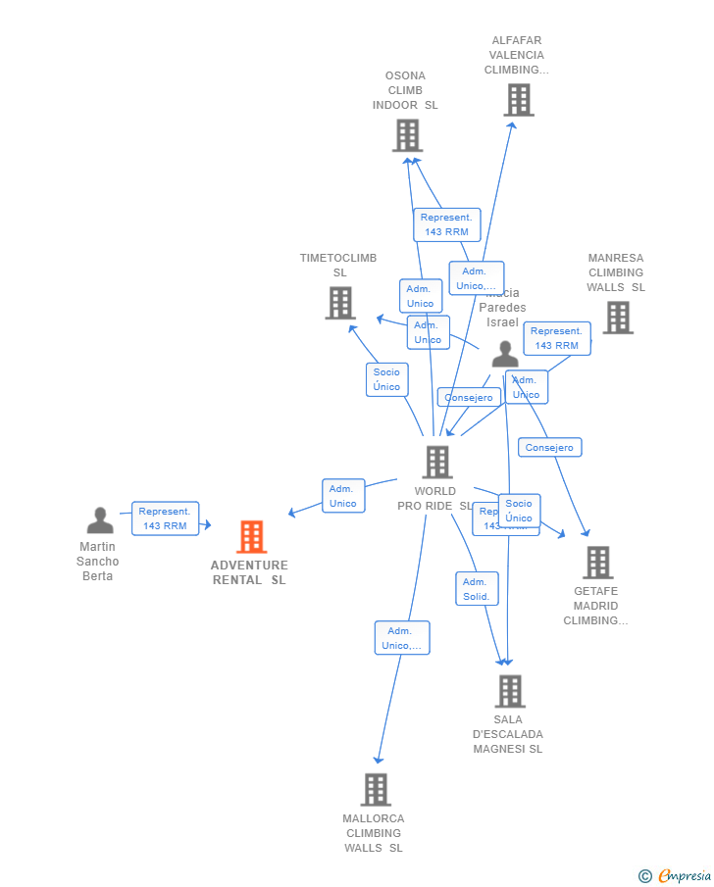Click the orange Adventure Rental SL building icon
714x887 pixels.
pyautogui.click(x=252, y=537)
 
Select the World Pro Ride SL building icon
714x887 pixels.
pyautogui.click(x=436, y=463)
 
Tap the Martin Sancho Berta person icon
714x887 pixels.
pyautogui.click(x=100, y=520)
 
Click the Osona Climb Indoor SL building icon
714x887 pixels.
pyautogui.click(x=407, y=135)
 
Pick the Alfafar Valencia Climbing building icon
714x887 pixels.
pyautogui.click(x=518, y=100)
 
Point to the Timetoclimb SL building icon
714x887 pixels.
pyautogui.click(x=339, y=303)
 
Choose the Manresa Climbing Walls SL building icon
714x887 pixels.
pyautogui.click(x=617, y=318)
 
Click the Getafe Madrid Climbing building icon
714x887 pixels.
pyautogui.click(x=597, y=563)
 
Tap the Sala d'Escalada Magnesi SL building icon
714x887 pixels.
pyautogui.click(x=509, y=691)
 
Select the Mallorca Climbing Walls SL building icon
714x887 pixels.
pyautogui.click(x=376, y=789)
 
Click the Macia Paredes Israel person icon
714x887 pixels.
pyautogui.click(x=505, y=354)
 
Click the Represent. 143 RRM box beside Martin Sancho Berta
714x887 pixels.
pyautogui.click(x=165, y=518)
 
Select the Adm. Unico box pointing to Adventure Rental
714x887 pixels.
pyautogui.click(x=343, y=496)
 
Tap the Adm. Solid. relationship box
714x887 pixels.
pyautogui.click(x=477, y=589)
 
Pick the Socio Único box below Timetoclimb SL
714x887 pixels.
pyautogui.click(x=386, y=379)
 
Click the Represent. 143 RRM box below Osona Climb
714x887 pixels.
pyautogui.click(x=446, y=224)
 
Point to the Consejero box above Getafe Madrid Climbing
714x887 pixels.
pyautogui.click(x=549, y=447)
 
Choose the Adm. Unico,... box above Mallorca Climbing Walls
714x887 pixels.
pyautogui.click(x=401, y=638)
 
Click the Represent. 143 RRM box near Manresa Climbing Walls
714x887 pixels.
pyautogui.click(x=556, y=338)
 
